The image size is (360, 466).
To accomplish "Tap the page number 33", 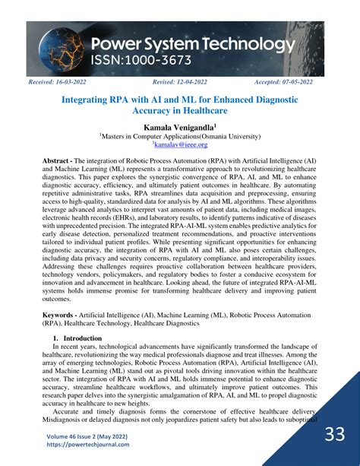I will pyautogui.click(x=335, y=435).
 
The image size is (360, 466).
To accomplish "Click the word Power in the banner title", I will pyautogui.click(x=122, y=44).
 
